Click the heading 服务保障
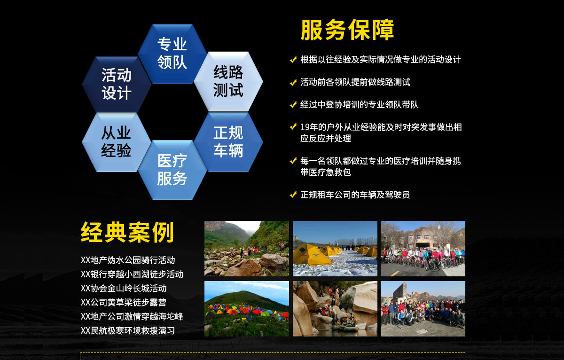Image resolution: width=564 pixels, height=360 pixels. click(347, 30)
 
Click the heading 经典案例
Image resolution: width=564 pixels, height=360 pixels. click(127, 232)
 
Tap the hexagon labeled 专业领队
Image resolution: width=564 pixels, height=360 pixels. click(172, 54)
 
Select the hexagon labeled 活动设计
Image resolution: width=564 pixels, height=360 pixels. click(117, 84)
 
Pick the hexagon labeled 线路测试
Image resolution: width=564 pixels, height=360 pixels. click(228, 81)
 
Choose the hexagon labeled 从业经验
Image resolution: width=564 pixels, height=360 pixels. click(117, 142)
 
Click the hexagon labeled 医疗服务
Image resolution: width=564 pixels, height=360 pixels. click(172, 170)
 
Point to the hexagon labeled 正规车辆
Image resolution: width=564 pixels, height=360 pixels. click(228, 142)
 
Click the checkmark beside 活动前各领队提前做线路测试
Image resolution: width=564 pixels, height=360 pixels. click(293, 82)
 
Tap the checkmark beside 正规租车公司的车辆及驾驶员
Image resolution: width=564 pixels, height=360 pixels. click(293, 195)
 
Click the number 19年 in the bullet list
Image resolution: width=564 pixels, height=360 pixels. click(309, 127)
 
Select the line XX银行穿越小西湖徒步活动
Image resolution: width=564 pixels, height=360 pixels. click(132, 274)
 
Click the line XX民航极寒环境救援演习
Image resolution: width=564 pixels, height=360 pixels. click(128, 330)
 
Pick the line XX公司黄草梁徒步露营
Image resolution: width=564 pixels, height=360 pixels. click(123, 302)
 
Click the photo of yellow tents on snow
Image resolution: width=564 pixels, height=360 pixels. click(335, 249)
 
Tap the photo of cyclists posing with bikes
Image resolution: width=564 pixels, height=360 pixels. click(423, 249)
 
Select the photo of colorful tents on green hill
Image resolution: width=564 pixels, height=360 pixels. click(247, 309)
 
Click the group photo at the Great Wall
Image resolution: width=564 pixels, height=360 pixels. click(423, 309)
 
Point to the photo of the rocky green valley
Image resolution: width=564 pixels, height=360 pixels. click(247, 249)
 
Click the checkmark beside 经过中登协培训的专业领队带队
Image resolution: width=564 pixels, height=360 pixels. click(293, 105)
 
